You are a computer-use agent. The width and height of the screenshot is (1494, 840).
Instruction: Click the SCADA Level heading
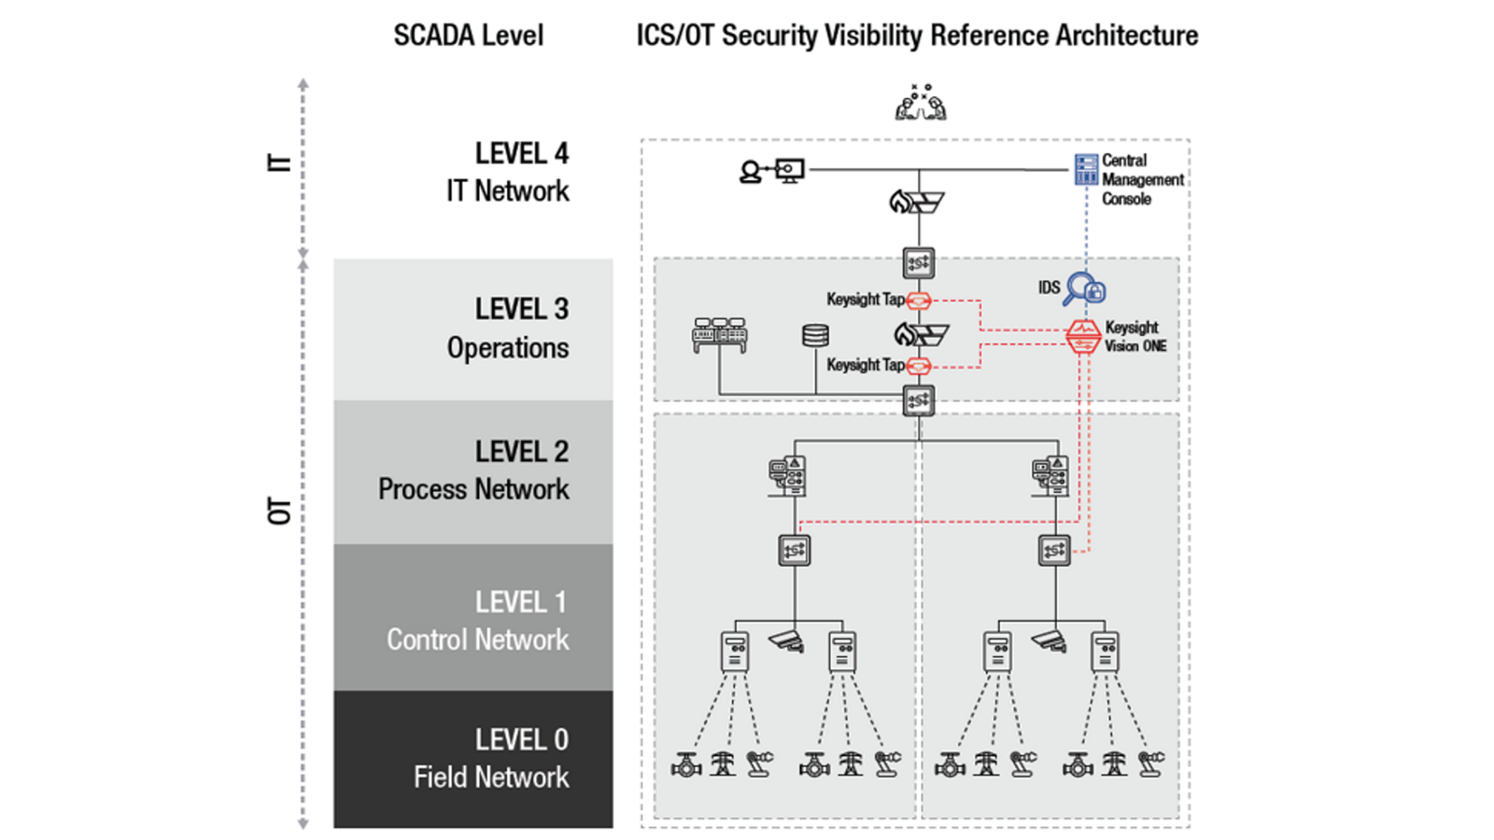click(x=468, y=35)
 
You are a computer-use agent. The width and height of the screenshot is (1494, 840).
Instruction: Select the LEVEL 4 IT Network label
click(x=508, y=172)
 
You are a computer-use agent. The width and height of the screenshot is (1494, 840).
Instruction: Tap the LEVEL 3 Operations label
click(x=508, y=328)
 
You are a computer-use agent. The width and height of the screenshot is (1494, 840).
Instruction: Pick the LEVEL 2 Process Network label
click(x=473, y=470)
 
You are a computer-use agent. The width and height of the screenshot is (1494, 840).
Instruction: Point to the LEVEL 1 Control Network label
click(x=477, y=621)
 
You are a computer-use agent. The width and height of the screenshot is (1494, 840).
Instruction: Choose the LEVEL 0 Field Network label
click(x=491, y=759)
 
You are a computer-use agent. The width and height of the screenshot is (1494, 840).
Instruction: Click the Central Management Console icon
click(x=1086, y=169)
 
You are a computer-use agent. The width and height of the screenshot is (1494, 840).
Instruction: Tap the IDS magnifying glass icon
click(x=1084, y=289)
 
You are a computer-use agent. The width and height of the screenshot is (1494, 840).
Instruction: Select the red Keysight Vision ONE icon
click(x=1082, y=337)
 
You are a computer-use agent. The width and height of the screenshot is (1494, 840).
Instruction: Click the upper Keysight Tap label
click(x=866, y=300)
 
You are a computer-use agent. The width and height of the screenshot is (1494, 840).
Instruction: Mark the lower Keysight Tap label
click(x=866, y=365)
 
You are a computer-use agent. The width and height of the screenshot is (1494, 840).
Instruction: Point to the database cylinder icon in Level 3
click(x=815, y=335)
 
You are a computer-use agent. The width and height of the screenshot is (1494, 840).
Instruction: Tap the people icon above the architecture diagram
click(x=921, y=103)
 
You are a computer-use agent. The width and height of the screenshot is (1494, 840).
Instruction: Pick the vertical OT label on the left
click(x=280, y=511)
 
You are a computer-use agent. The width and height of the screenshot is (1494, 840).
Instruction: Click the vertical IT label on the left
click(x=279, y=163)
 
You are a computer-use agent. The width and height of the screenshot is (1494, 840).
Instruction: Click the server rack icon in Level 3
click(x=719, y=335)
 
